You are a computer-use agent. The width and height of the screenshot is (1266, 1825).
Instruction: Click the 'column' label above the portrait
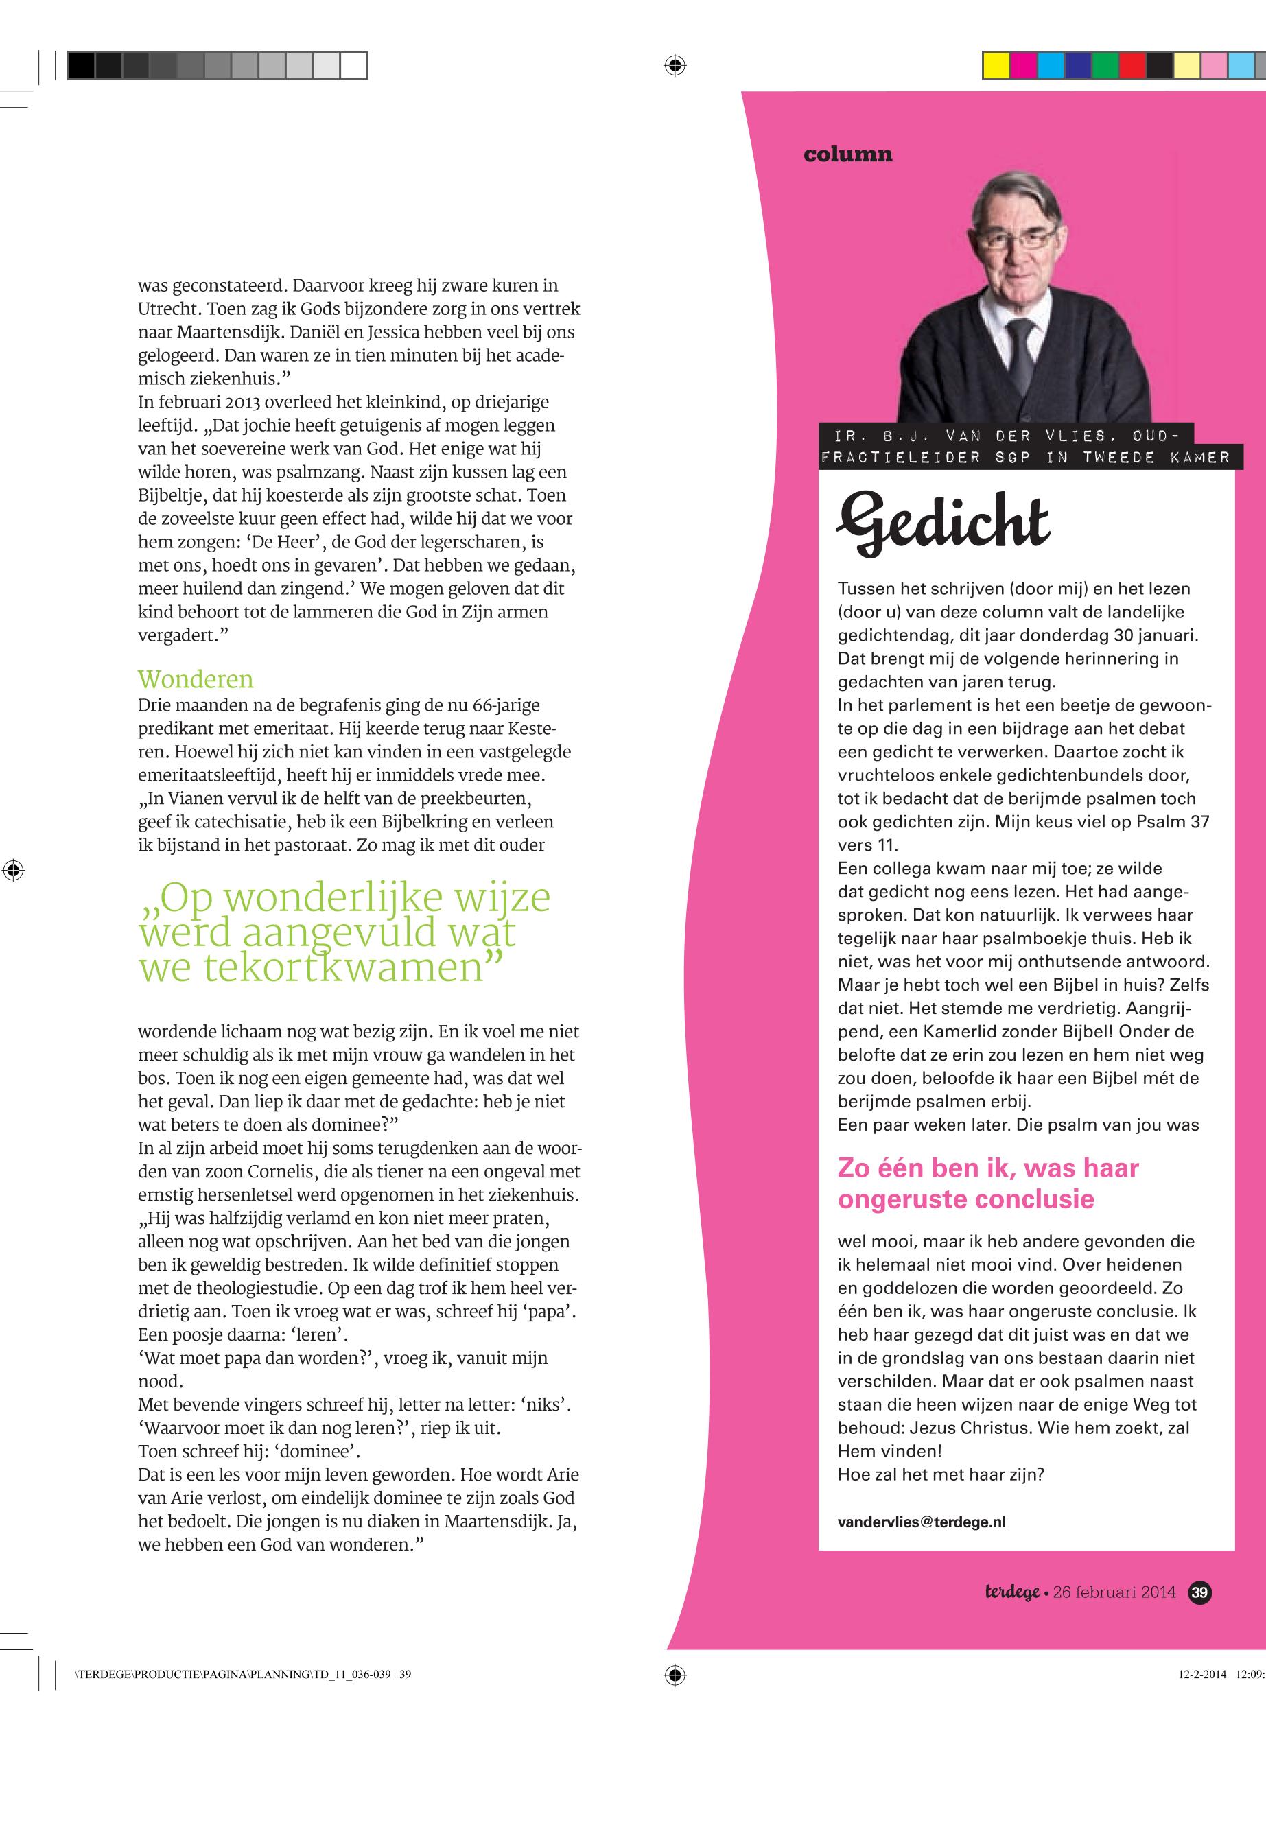coord(847,154)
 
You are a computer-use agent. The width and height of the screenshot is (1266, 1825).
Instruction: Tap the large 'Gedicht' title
coord(943,524)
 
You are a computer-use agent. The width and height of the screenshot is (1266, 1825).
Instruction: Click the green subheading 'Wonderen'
coord(195,680)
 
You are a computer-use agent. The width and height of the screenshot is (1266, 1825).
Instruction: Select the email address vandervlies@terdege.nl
coord(921,1522)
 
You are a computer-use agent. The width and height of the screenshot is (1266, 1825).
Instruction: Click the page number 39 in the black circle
coord(1200,1592)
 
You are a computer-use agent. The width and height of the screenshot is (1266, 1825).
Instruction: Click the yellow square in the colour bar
coord(996,65)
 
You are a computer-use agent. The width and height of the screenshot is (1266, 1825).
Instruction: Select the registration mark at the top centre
coord(675,65)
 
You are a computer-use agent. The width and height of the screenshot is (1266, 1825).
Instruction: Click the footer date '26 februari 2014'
coord(1114,1592)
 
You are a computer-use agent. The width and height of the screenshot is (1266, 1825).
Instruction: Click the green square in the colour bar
coord(1104,65)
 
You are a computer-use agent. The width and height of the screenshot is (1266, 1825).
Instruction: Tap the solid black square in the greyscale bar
coord(81,65)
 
